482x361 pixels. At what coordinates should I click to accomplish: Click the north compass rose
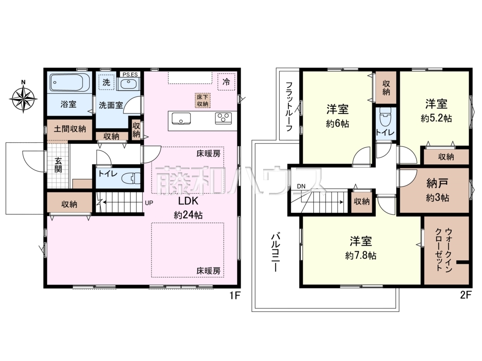[x=23, y=97]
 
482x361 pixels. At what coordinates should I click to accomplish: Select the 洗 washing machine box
[x=106, y=82]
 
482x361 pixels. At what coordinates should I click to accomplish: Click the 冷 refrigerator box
[x=226, y=82]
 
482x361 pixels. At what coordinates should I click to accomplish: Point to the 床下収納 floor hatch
[x=203, y=100]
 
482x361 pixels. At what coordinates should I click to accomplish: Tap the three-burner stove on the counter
[x=224, y=118]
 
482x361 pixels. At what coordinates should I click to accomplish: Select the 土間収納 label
[x=70, y=129]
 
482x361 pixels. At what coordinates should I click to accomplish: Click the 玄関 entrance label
[x=58, y=165]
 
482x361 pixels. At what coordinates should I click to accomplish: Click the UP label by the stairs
[x=149, y=203]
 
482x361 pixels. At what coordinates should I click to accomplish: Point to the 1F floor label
[x=234, y=295]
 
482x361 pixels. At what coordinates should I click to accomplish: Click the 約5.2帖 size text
[x=436, y=118]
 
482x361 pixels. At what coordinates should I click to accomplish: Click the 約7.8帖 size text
[x=361, y=256]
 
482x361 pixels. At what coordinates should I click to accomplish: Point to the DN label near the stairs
[x=301, y=186]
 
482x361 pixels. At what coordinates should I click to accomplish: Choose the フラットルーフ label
[x=289, y=106]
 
